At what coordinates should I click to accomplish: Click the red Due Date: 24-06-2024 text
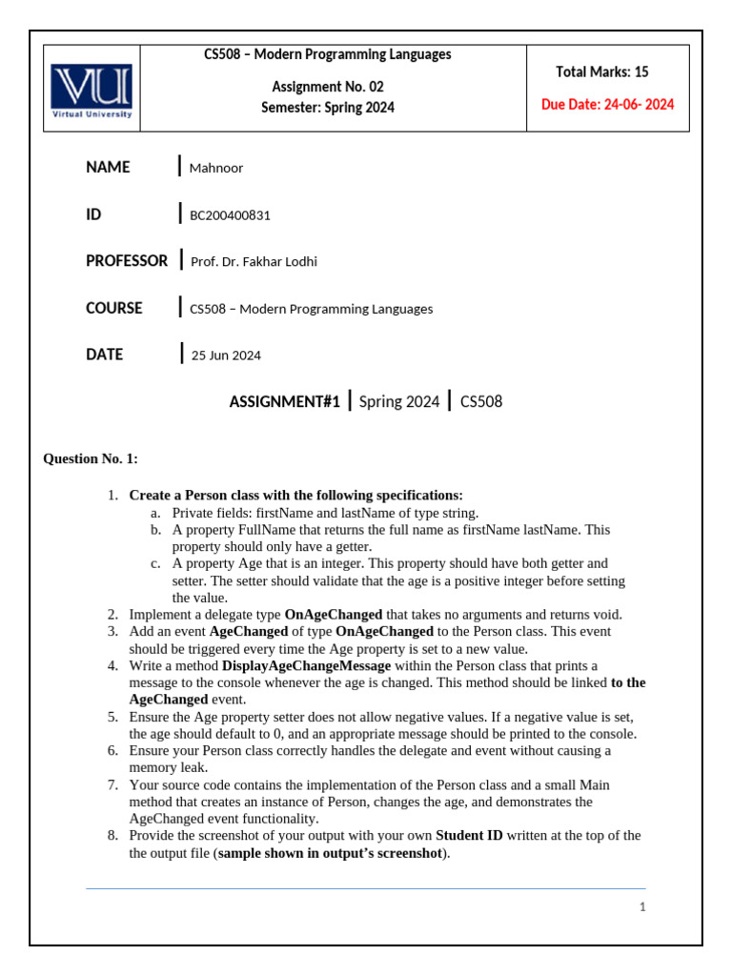[607, 105]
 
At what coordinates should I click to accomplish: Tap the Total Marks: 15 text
[602, 72]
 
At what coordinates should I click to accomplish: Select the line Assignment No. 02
[327, 87]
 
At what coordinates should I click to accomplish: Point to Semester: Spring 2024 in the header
[327, 108]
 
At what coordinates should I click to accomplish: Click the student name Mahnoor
[216, 169]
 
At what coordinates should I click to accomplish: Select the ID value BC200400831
[230, 215]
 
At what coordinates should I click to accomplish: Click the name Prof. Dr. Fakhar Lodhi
[254, 262]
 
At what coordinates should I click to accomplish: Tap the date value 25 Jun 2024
[226, 356]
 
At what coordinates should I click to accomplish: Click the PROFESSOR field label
[127, 260]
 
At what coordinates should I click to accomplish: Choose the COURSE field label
[114, 308]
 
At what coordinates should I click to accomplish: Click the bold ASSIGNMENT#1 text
[284, 402]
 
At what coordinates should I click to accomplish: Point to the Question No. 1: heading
[91, 459]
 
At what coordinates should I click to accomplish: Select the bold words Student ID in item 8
[469, 836]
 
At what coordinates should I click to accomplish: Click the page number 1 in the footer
[642, 907]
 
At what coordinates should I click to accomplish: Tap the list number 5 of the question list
[112, 717]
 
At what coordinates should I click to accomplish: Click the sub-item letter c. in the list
[155, 563]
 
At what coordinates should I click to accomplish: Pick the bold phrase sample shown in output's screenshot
[330, 853]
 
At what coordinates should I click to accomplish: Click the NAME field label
[108, 168]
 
